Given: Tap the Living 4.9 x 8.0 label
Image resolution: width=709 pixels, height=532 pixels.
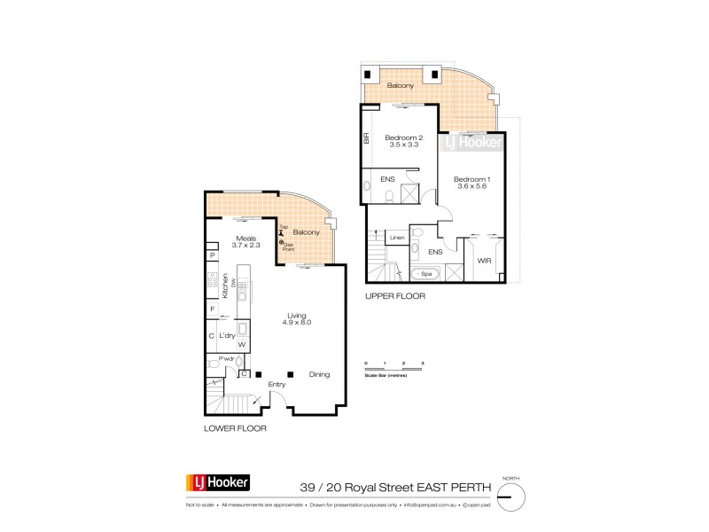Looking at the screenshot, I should pyautogui.click(x=296, y=317).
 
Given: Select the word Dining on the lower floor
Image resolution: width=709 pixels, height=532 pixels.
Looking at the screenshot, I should pyautogui.click(x=319, y=375).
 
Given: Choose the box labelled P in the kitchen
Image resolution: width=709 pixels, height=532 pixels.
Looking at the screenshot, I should pyautogui.click(x=212, y=256).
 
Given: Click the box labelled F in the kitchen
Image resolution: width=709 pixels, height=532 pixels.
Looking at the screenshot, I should pyautogui.click(x=212, y=309).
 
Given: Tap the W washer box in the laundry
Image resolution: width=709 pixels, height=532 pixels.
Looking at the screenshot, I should pyautogui.click(x=241, y=345).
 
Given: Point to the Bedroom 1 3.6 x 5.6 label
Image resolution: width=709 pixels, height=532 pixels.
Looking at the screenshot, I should pyautogui.click(x=471, y=184).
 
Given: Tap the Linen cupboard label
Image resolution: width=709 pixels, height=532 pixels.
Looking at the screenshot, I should pyautogui.click(x=396, y=239).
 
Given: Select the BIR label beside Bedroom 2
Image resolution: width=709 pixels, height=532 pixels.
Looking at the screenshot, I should pyautogui.click(x=365, y=139).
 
